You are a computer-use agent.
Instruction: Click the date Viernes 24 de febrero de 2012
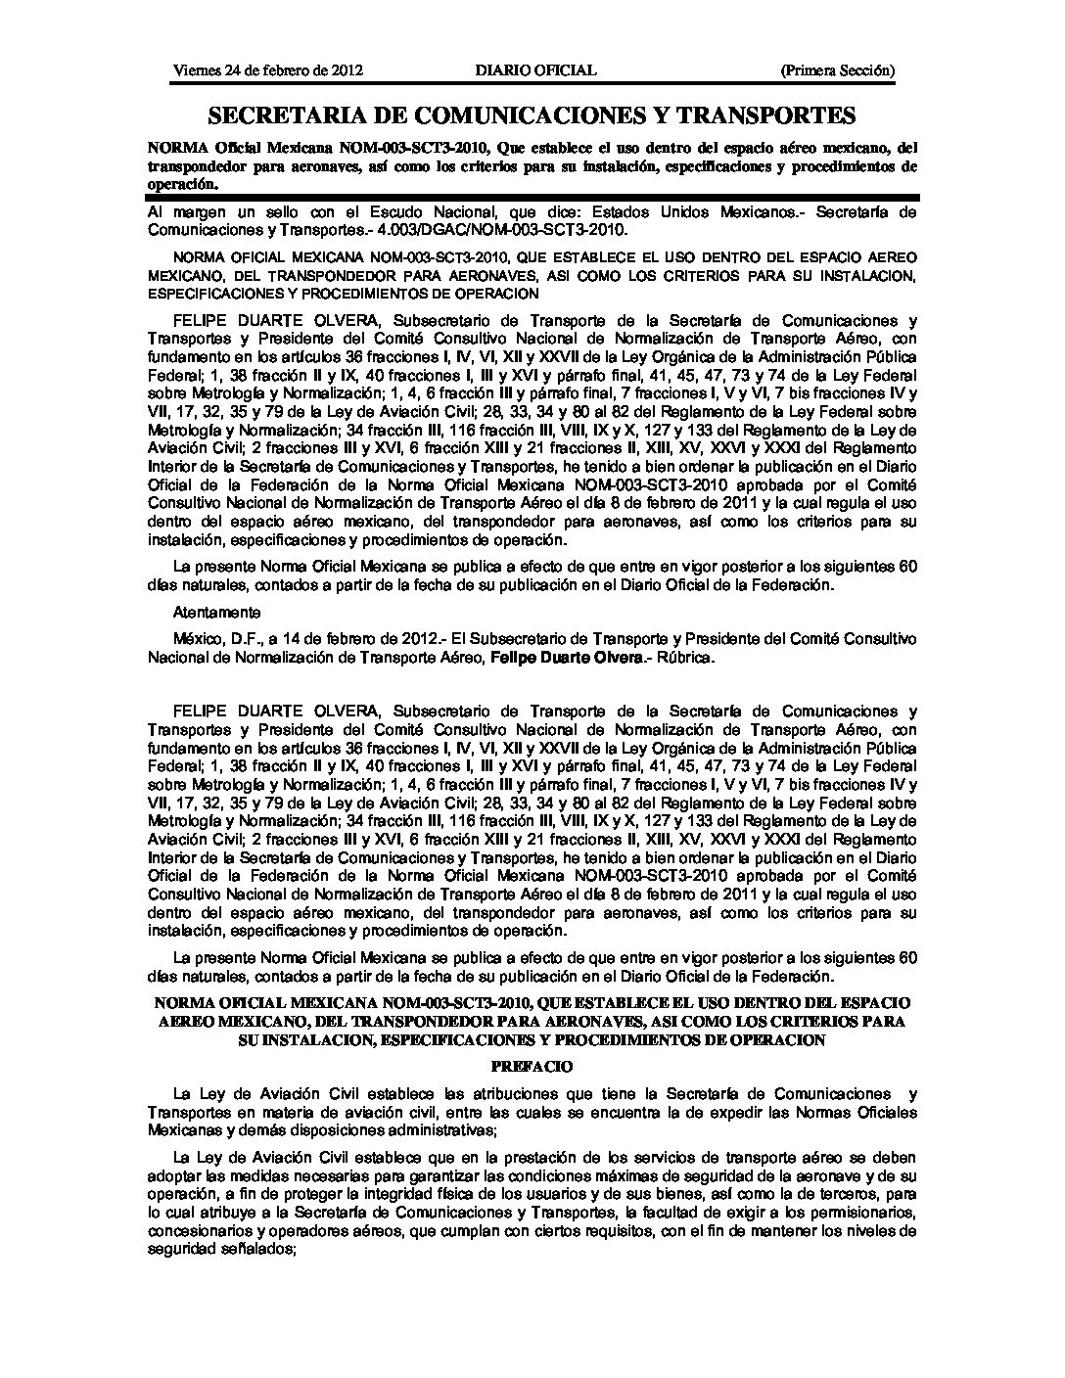(x=268, y=70)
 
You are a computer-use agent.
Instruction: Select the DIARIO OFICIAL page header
(x=535, y=70)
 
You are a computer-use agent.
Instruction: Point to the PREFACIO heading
(x=532, y=1067)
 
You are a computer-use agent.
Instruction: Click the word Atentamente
(x=216, y=613)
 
